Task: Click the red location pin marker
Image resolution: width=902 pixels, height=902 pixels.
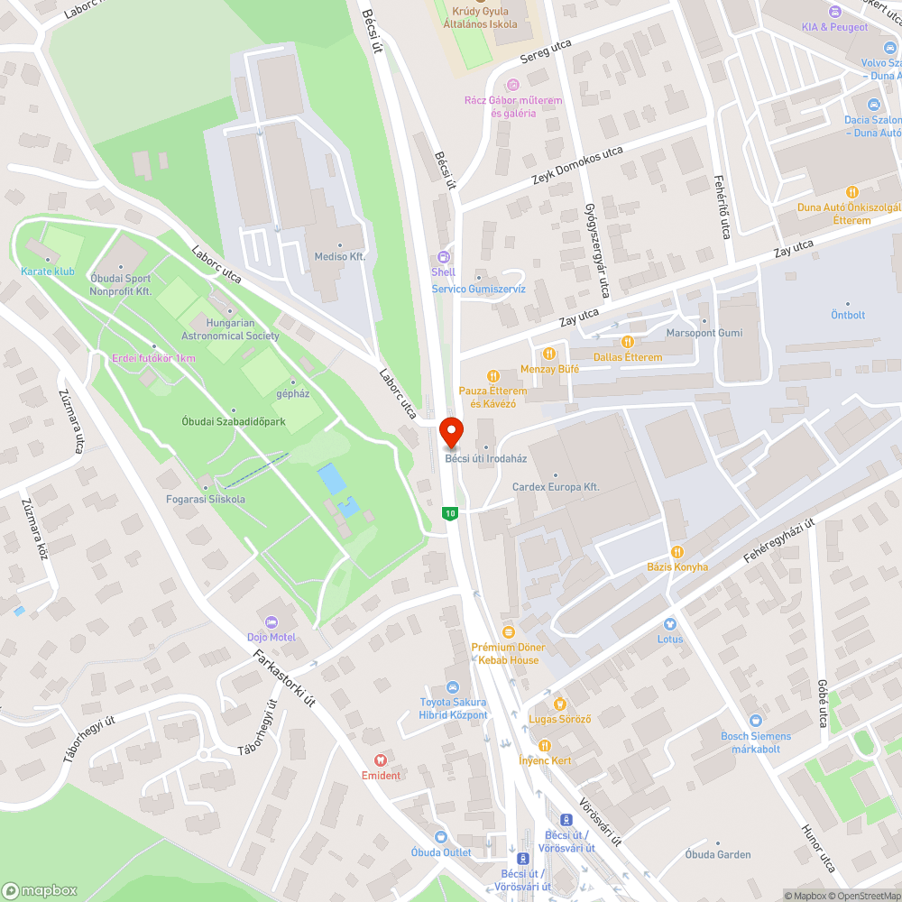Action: tap(451, 431)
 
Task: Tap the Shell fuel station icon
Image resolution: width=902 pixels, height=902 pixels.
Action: tap(443, 257)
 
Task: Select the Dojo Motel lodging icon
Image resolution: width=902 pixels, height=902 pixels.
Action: tap(271, 622)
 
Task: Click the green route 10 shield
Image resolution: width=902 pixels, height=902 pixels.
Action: tap(449, 513)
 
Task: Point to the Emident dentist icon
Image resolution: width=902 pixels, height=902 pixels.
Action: tap(381, 760)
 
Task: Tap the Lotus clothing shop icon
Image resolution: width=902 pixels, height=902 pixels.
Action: tap(669, 624)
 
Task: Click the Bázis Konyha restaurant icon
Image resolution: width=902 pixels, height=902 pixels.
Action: tap(676, 552)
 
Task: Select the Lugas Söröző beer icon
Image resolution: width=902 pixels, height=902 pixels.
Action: tap(559, 704)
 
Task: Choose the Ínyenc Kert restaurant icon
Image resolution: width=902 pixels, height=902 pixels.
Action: tap(545, 745)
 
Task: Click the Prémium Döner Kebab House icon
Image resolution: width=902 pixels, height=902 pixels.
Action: tap(508, 632)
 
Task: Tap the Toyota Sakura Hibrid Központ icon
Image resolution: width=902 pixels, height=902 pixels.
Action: tap(453, 687)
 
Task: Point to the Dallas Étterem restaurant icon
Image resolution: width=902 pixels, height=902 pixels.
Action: tap(628, 342)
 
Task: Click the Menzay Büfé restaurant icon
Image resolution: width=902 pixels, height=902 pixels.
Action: tap(548, 354)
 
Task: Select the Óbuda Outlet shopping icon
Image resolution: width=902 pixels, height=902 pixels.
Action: tap(441, 837)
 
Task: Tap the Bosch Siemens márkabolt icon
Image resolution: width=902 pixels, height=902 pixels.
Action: tap(756, 721)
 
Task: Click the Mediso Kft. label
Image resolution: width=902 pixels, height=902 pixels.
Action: tap(338, 256)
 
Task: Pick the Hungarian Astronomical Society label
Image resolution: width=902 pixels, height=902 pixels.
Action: tap(231, 329)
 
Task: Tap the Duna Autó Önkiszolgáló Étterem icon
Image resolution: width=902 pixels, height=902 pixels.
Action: tap(851, 192)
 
